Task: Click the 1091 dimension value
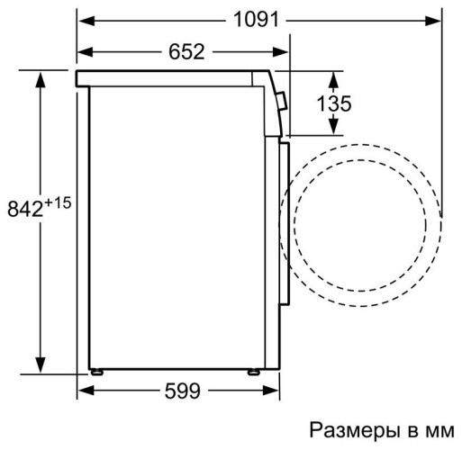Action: [259, 19]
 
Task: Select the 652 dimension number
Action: [185, 51]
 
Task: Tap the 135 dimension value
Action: [333, 104]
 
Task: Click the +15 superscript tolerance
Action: [58, 202]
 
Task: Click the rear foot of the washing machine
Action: [95, 370]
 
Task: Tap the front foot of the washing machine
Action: [254, 370]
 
